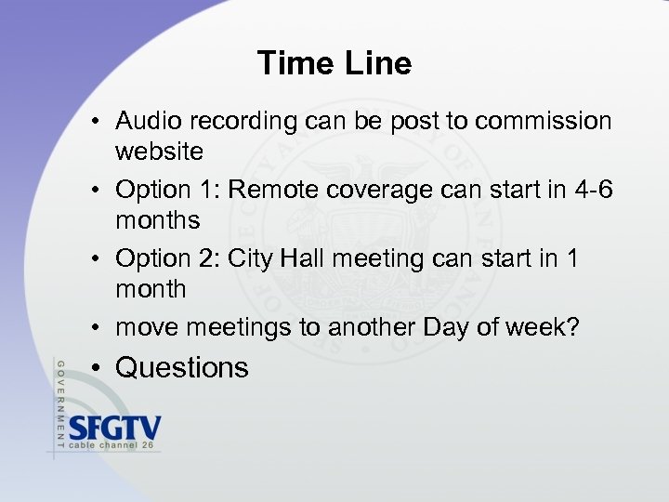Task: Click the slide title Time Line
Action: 334,63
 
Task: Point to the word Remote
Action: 273,190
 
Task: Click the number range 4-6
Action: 591,190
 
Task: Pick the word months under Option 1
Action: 157,220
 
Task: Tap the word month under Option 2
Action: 151,289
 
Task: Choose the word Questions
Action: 182,368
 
